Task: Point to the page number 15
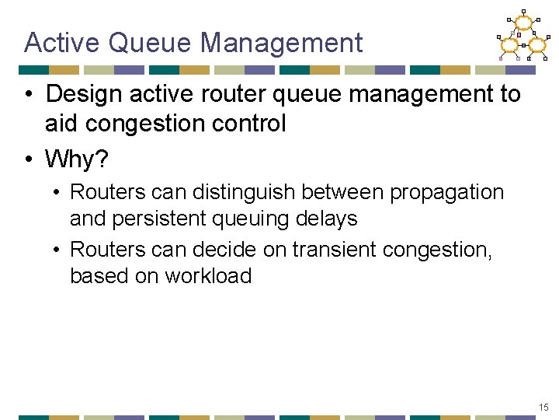tap(543, 408)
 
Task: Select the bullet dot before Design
tap(28, 94)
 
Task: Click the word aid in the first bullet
tap(61, 123)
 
